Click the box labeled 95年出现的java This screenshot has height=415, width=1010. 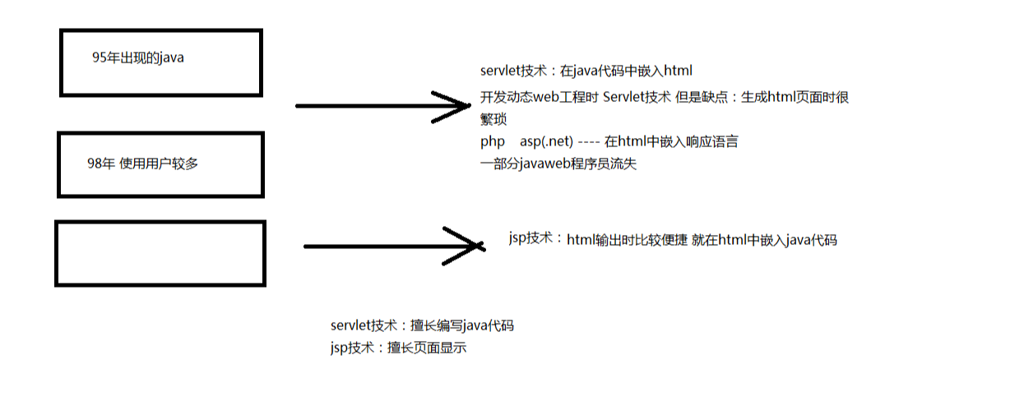coord(161,62)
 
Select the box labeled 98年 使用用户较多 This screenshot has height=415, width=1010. coord(160,164)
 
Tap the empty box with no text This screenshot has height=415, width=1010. coord(160,253)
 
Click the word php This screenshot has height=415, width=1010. coord(493,141)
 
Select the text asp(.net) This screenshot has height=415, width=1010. coord(546,141)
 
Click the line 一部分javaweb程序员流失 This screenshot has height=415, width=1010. coord(558,164)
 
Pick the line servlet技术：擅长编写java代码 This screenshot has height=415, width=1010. coord(422,325)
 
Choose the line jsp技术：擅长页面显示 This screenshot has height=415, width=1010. coord(398,348)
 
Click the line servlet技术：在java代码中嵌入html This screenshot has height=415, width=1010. coord(591,71)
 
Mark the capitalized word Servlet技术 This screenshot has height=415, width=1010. coord(637,97)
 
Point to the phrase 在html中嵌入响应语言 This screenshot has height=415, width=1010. coord(671,141)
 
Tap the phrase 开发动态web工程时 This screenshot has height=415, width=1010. coord(540,97)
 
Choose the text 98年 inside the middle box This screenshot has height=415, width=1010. coord(100,163)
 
